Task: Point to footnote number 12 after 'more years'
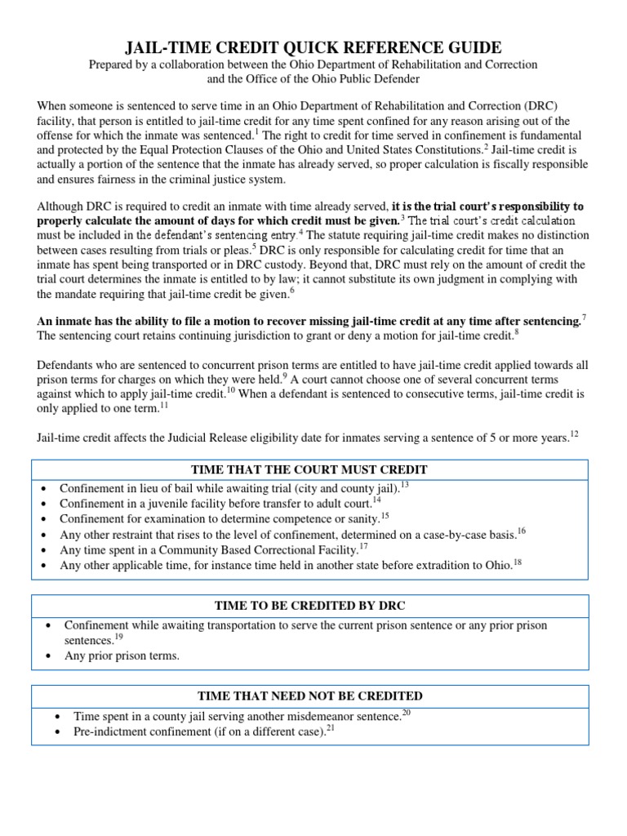coord(574,434)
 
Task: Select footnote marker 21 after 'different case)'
coord(331,727)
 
